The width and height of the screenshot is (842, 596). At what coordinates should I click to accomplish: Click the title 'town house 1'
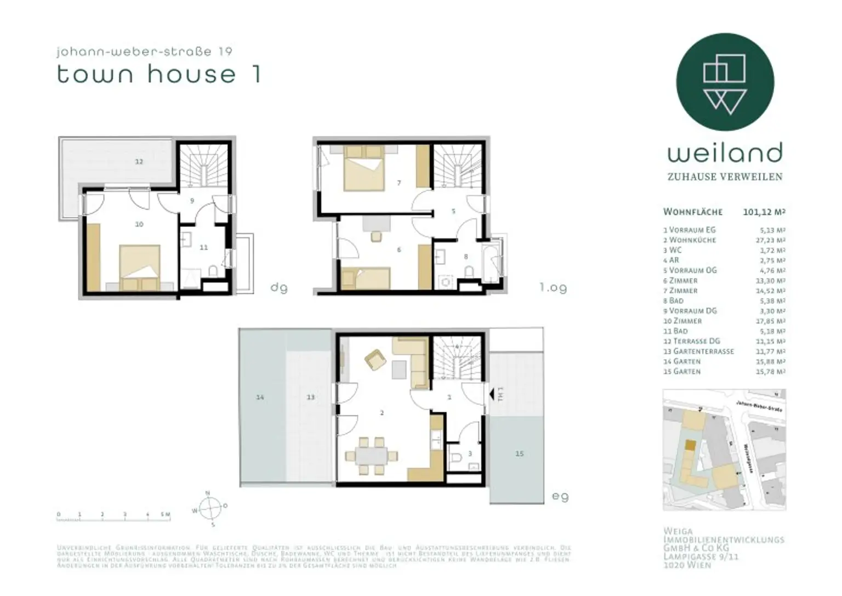(x=158, y=74)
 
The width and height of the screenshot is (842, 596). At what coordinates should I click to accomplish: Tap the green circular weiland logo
(x=725, y=82)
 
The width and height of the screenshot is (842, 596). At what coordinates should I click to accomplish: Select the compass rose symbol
(x=210, y=509)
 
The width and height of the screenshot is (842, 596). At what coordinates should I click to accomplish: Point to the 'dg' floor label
(x=278, y=287)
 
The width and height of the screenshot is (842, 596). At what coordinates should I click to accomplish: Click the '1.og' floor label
(x=553, y=287)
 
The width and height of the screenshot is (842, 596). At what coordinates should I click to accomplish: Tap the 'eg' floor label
(x=560, y=496)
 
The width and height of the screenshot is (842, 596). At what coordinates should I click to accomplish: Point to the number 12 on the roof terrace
(x=139, y=161)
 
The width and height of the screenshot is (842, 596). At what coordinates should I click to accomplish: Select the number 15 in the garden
(x=519, y=453)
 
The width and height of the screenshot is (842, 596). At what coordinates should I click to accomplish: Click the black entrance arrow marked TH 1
(x=493, y=394)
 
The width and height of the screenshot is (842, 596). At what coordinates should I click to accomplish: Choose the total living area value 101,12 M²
(x=764, y=212)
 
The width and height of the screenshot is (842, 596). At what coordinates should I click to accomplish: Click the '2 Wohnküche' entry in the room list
(x=692, y=240)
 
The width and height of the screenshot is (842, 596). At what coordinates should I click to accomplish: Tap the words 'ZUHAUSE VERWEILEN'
(x=725, y=177)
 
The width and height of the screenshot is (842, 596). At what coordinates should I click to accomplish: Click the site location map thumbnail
(x=724, y=450)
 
